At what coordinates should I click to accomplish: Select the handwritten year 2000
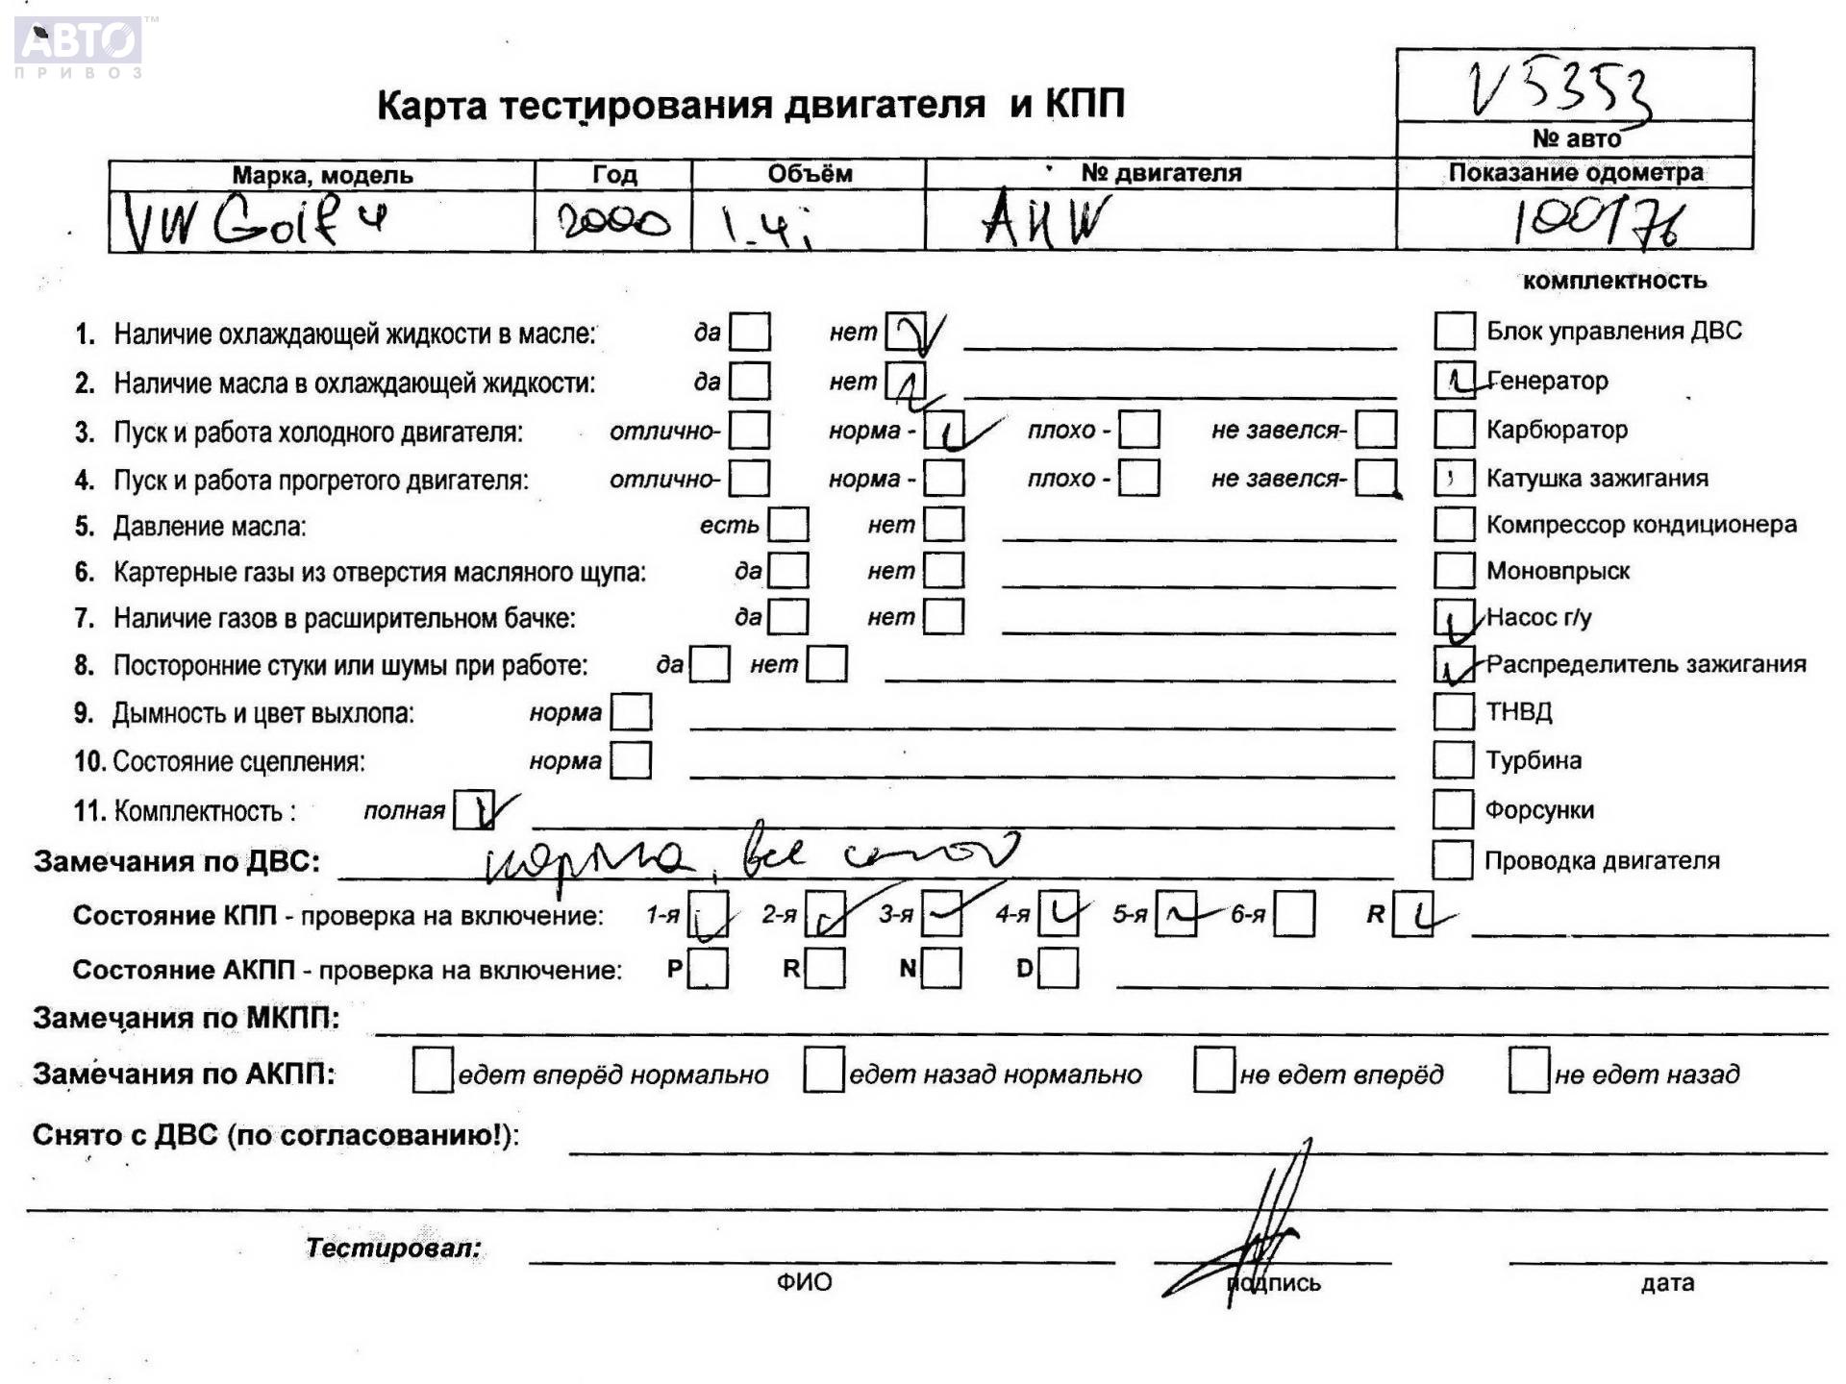point(613,223)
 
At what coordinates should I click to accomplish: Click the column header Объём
point(809,174)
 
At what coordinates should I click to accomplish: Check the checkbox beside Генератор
point(1454,381)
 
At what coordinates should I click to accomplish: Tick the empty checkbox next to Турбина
point(1453,760)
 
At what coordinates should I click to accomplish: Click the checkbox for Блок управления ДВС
point(1454,331)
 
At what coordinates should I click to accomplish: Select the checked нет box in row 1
point(905,333)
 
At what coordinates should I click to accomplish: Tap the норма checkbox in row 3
point(943,431)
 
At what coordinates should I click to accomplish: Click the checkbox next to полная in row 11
point(473,810)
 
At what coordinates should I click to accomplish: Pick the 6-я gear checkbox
point(1294,915)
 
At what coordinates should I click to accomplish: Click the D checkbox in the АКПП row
point(1059,969)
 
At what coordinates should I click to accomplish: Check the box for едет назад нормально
point(824,1072)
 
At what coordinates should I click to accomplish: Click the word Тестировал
point(393,1248)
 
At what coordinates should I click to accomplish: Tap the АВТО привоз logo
point(79,46)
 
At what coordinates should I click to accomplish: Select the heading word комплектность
point(1614,281)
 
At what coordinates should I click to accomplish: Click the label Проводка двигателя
point(1602,861)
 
